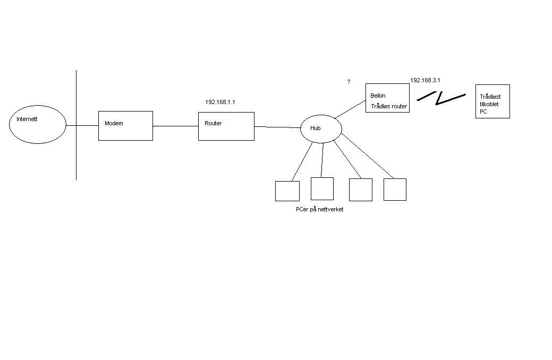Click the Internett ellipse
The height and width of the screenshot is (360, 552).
point(38,125)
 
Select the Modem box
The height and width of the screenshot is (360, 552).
point(125,126)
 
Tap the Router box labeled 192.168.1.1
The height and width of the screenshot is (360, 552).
point(226,126)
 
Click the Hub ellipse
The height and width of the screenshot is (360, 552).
point(320,128)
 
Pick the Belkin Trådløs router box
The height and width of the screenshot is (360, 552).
point(387,98)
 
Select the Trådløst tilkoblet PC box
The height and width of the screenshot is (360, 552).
point(492,101)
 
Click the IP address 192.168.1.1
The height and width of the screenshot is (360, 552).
point(220,102)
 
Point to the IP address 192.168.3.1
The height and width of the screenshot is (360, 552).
point(425,80)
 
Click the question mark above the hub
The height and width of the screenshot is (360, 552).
point(349,82)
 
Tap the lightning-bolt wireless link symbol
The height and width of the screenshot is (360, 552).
point(440,97)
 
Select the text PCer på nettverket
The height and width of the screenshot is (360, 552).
point(319,210)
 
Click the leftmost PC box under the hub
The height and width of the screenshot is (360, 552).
point(287,191)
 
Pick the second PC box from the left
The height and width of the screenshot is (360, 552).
point(322,188)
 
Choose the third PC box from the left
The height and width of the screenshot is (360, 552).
point(360,190)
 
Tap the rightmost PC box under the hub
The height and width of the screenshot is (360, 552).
point(395,190)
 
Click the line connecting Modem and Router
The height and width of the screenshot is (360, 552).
point(175,126)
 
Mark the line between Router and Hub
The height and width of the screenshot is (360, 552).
point(277,127)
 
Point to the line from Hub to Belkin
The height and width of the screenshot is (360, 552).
point(351,108)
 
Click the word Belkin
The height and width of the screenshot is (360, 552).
point(378,96)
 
